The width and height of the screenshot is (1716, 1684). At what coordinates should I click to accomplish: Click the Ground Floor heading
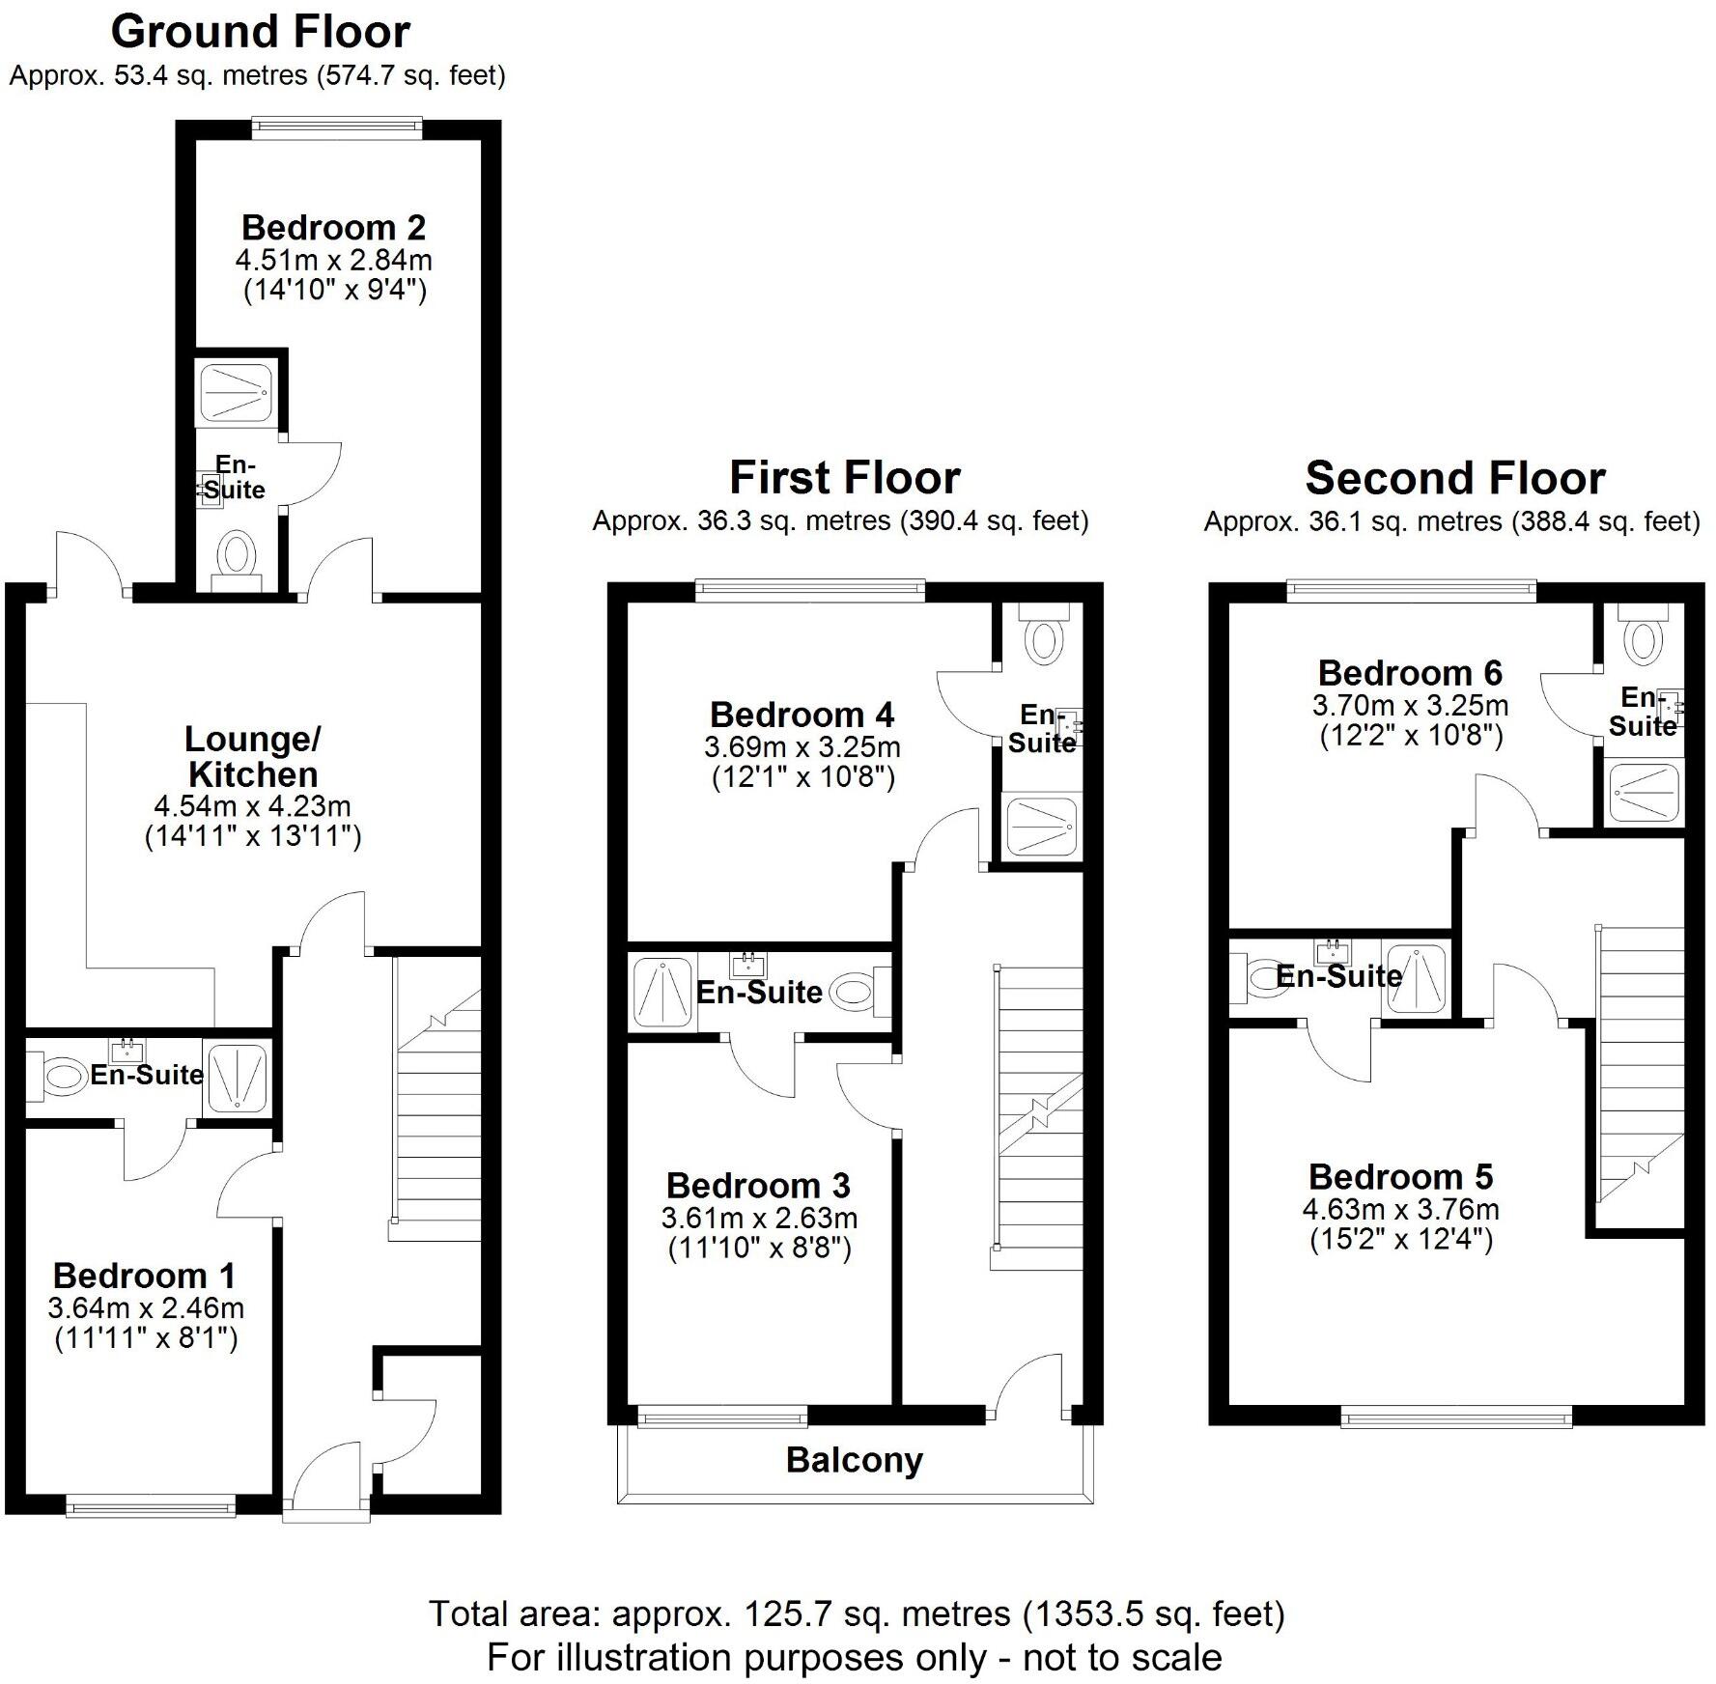[x=261, y=32]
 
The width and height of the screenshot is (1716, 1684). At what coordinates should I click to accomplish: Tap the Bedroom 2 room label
[x=333, y=228]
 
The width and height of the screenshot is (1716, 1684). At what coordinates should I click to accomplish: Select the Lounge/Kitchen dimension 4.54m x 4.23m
[x=252, y=806]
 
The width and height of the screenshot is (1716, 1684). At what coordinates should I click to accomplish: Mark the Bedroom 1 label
[x=144, y=1276]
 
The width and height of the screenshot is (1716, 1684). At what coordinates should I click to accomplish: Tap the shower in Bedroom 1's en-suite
[x=237, y=1075]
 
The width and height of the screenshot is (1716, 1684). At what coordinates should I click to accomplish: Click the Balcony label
[x=854, y=1459]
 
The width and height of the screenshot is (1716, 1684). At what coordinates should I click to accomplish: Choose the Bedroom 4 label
[x=802, y=715]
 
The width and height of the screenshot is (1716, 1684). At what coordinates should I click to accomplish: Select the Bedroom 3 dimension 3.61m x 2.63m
[x=759, y=1218]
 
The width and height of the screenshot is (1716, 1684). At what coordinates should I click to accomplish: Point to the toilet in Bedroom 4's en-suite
[x=1044, y=637]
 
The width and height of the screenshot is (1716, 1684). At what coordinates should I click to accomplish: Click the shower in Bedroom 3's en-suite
[x=662, y=992]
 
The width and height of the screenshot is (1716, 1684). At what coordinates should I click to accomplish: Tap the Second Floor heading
[x=1454, y=478]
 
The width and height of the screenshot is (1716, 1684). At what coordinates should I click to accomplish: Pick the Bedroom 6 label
[x=1410, y=673]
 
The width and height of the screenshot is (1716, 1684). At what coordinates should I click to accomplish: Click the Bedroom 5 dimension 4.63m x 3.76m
[x=1400, y=1209]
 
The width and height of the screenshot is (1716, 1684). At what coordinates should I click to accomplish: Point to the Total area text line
[x=857, y=1614]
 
